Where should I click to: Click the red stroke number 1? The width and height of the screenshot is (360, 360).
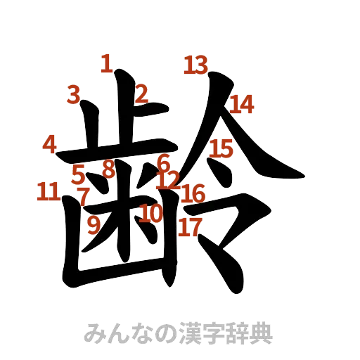click(x=106, y=65)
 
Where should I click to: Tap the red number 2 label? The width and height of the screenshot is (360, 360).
click(x=142, y=93)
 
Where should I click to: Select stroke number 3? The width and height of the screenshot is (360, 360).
click(x=75, y=94)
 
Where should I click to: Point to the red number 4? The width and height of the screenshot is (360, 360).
click(x=50, y=144)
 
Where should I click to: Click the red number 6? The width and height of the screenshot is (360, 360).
click(x=164, y=162)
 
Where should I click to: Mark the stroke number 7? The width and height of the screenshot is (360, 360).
click(x=83, y=195)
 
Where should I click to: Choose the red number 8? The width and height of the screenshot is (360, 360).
click(x=108, y=169)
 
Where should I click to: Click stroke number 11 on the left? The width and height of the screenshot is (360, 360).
click(x=48, y=191)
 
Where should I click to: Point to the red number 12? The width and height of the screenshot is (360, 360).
click(x=169, y=179)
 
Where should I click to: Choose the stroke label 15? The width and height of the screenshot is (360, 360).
click(x=221, y=148)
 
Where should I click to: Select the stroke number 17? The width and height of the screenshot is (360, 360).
click(x=190, y=226)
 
